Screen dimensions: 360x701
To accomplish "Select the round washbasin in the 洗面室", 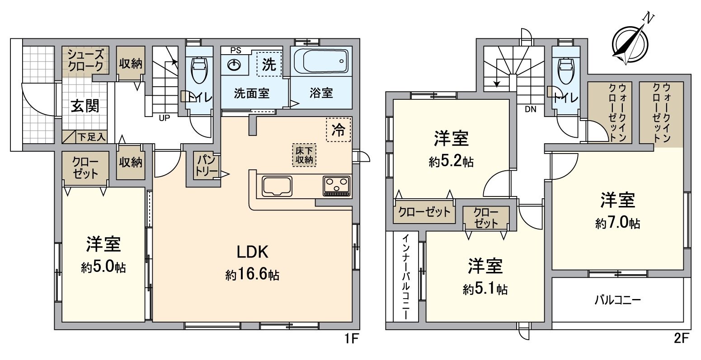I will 234,65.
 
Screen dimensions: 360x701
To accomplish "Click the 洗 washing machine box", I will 269,65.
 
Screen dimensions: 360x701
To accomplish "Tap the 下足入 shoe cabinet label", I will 91,136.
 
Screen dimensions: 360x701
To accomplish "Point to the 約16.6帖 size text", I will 252,274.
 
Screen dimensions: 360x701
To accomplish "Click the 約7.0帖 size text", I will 617,223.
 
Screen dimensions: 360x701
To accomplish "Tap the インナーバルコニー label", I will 405,276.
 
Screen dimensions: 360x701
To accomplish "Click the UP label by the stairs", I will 164,118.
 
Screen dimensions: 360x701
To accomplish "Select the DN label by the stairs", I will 530,109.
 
